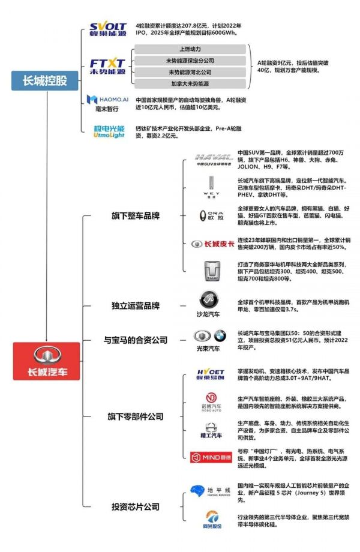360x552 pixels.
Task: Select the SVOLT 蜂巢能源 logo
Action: [108, 29]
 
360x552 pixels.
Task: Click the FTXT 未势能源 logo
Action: [107, 66]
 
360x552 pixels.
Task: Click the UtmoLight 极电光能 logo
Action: [108, 131]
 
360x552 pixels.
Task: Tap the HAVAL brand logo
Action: [214, 160]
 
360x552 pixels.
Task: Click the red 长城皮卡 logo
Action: [212, 244]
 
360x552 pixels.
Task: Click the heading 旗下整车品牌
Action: [136, 215]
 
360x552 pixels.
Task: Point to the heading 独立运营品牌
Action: [136, 306]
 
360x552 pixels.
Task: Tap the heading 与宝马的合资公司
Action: [136, 340]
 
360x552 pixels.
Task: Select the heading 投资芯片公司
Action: [136, 507]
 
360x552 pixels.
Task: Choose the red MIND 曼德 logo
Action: [211, 457]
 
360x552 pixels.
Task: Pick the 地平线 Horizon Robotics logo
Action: [211, 492]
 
